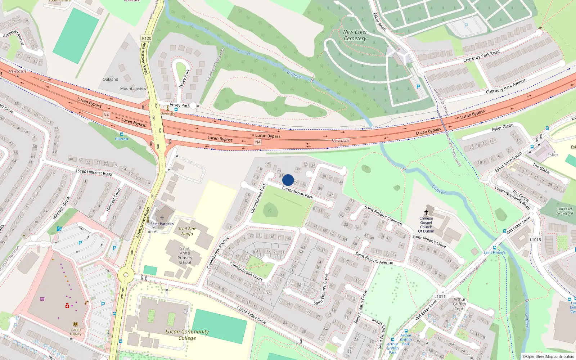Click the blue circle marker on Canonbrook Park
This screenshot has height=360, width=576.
pyautogui.click(x=288, y=180)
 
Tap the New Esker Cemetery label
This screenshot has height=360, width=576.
pyautogui.click(x=355, y=35)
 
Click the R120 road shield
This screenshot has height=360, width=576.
pyautogui.click(x=147, y=38)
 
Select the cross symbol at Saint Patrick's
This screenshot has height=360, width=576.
pyautogui.click(x=162, y=218)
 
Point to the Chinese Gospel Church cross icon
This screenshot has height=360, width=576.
pyautogui.click(x=426, y=212)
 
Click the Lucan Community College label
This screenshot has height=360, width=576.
pyautogui.click(x=187, y=335)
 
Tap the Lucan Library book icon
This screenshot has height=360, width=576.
pyautogui.click(x=76, y=324)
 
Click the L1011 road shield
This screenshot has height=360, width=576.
pyautogui.click(x=440, y=296)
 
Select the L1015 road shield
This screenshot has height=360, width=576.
pyautogui.click(x=535, y=239)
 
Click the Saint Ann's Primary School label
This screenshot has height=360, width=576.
pyautogui.click(x=185, y=256)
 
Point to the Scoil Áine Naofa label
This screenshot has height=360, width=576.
pyautogui.click(x=187, y=231)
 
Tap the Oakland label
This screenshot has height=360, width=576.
pyautogui.click(x=111, y=79)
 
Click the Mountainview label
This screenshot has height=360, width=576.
pyautogui.click(x=133, y=88)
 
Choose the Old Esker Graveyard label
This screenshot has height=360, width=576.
pyautogui.click(x=565, y=211)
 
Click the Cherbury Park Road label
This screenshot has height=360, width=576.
pyautogui.click(x=481, y=56)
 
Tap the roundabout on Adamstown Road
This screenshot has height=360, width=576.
pyautogui.click(x=126, y=275)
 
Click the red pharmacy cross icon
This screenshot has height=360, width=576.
pyautogui.click(x=67, y=306)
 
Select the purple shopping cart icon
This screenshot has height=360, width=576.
pyautogui.click(x=42, y=299)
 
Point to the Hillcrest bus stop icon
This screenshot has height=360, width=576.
pyautogui.click(x=122, y=134)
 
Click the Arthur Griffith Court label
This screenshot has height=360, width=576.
pyautogui.click(x=460, y=304)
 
